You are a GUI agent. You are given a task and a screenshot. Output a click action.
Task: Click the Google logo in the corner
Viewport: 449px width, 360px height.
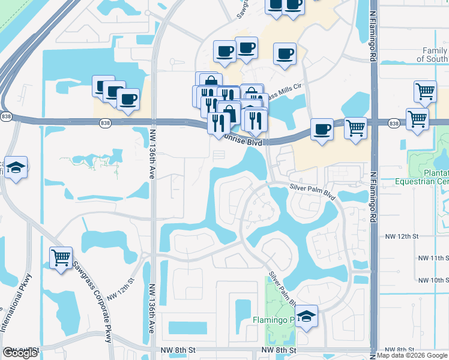(x=20, y=353)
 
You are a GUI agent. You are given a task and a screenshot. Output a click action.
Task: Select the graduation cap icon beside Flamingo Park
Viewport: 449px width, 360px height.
(x=307, y=318)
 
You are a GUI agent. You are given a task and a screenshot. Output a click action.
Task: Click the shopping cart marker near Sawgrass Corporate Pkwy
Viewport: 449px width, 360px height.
(x=61, y=258)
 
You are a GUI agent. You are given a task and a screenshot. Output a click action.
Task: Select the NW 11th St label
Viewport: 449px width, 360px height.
(x=432, y=258)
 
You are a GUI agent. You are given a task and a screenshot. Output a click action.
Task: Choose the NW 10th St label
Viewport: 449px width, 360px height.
(x=432, y=280)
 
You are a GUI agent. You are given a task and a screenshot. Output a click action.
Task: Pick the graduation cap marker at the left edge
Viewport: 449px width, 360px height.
(x=16, y=168)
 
